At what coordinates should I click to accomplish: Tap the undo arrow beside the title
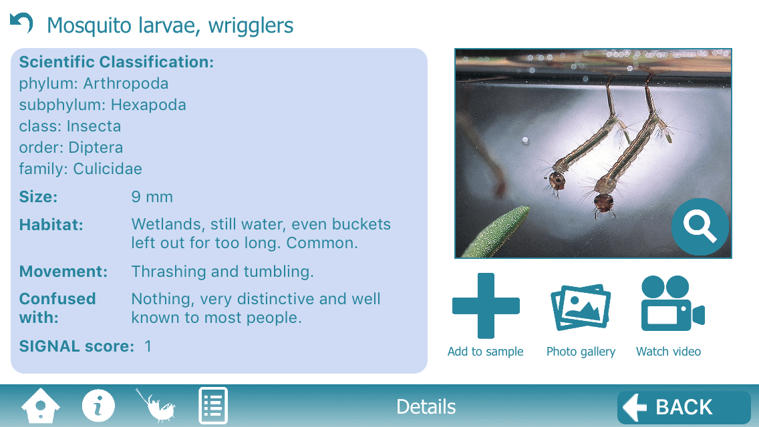coord(21,23)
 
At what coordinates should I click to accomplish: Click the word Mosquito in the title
coord(90,26)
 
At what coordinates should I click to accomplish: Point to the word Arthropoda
coord(126,83)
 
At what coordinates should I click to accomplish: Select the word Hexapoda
coord(148,105)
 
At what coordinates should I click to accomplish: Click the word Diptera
coord(96,147)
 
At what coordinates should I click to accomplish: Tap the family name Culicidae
coord(108,169)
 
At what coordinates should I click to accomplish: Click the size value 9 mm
coord(152,197)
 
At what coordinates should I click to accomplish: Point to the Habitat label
coord(51,225)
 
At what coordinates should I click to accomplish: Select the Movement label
coord(63,272)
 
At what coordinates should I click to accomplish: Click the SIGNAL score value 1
coord(148,346)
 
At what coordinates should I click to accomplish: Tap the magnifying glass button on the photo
coord(700,227)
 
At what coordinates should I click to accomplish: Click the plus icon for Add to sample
coord(486,306)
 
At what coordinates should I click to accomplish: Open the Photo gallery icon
coord(581,308)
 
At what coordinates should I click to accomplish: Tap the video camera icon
coord(673,303)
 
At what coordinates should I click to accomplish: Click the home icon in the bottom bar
coord(41,406)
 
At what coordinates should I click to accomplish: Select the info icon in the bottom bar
coord(98,406)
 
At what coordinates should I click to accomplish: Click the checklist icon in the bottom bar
coord(213,406)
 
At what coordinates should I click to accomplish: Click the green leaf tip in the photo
coord(527,207)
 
